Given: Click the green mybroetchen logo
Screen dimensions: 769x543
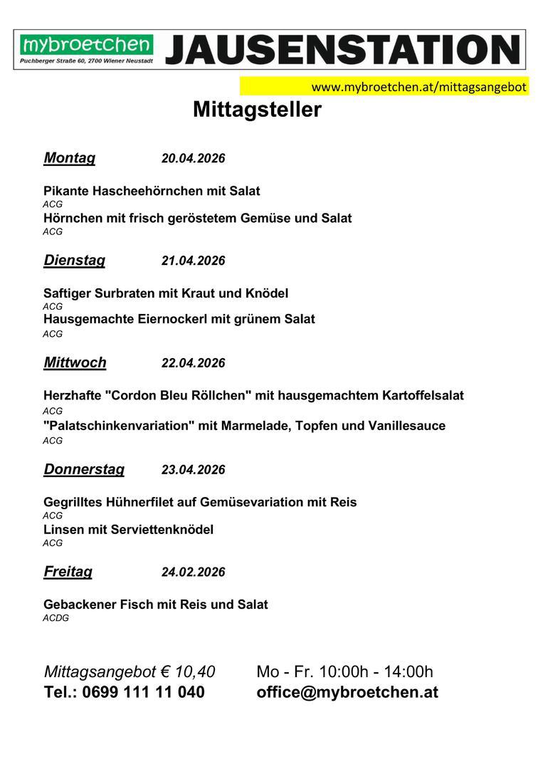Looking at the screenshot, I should pos(86,46).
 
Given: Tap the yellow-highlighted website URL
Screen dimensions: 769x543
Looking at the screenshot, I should pos(419,87).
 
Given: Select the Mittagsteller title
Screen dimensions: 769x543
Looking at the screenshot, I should pos(257,110).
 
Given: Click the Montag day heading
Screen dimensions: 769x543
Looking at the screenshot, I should pos(69,158).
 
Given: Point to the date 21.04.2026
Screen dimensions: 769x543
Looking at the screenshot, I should pos(193,261).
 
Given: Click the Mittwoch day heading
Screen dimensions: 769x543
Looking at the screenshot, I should pos(75,362).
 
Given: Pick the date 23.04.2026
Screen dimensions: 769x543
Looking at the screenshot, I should pos(193,470).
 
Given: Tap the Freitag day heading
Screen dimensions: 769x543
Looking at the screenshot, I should pos(68,572).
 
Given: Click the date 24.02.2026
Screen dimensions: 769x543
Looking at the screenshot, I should pos(193,572).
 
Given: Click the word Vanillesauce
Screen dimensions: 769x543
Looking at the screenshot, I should pos(406,426).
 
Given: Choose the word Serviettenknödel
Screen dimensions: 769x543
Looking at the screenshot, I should pos(162,530).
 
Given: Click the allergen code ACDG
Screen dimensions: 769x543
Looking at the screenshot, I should pos(56,618).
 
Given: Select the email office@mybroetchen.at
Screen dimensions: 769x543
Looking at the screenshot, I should pos(347,692).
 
